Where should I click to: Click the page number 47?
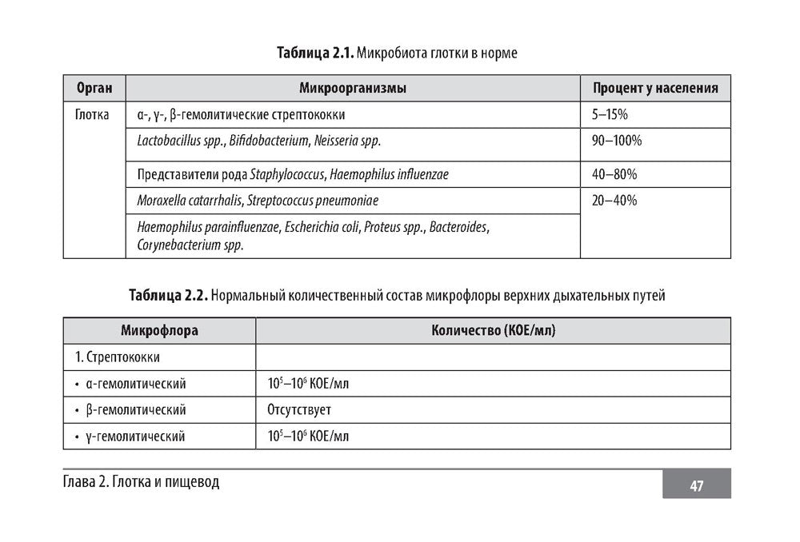tap(696, 485)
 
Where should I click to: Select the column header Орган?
tap(94, 89)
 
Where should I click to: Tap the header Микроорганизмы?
tap(353, 89)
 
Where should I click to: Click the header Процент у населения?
tap(655, 89)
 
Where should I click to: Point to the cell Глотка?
tap(92, 115)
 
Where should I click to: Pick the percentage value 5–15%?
tap(610, 115)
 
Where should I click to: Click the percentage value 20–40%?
tap(614, 201)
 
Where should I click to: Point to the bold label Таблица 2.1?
tap(315, 54)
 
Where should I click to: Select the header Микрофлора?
tap(159, 331)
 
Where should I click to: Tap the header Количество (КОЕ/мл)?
tap(493, 331)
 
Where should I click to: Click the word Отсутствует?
tap(299, 410)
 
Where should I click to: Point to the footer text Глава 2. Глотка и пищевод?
tap(140, 482)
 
